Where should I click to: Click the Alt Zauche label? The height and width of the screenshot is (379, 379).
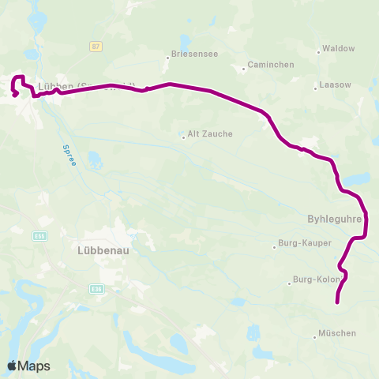[210, 134]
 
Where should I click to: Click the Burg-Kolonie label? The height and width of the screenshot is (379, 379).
[316, 280]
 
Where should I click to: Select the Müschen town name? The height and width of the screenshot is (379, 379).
[337, 333]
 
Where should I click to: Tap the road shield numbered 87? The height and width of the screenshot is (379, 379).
[96, 47]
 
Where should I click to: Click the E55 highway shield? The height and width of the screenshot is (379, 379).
[39, 235]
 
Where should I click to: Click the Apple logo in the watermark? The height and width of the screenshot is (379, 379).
[12, 366]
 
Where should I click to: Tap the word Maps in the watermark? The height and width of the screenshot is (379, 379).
[34, 366]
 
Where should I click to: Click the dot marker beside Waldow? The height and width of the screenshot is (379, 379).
[319, 52]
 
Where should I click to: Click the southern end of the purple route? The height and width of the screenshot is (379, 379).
[338, 302]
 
